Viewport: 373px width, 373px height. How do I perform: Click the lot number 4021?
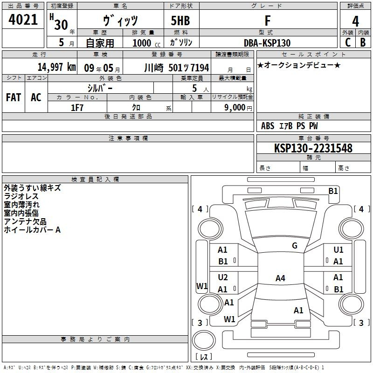[x=23, y=20]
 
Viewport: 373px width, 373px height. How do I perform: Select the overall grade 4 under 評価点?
[x=355, y=21]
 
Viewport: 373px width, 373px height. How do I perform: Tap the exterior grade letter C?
[x=348, y=42]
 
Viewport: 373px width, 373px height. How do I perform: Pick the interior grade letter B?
[x=363, y=42]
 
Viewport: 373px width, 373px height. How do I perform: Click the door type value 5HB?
[x=180, y=21]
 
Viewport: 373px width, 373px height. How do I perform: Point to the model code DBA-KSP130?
[x=267, y=43]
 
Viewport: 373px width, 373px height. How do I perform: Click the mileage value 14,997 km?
[x=57, y=67]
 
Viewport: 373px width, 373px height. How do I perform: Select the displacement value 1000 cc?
[x=146, y=43]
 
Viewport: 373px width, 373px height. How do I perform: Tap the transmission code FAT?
[x=14, y=97]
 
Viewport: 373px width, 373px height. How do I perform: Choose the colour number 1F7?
[x=77, y=108]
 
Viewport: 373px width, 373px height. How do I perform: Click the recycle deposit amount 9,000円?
[x=238, y=108]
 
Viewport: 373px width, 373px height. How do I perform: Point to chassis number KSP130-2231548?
[x=313, y=148]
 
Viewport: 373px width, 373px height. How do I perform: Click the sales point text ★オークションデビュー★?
[x=299, y=65]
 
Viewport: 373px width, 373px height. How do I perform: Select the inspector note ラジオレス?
[x=21, y=196]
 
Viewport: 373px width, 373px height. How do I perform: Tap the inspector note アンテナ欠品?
[x=25, y=221]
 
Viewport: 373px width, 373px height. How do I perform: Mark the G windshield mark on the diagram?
[x=295, y=245]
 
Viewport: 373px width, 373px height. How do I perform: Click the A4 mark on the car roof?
[x=280, y=278]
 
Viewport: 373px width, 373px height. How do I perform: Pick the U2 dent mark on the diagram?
[x=223, y=277]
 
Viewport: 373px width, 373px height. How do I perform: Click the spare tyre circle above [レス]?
[x=204, y=340]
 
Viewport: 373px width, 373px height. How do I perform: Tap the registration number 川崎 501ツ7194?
[x=177, y=68]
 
